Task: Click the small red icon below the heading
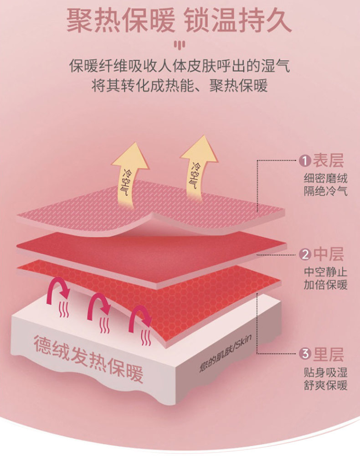tap(180, 45)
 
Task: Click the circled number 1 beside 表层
tap(304, 160)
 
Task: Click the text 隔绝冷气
tap(325, 191)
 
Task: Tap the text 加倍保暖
tap(325, 285)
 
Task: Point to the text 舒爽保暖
tap(325, 385)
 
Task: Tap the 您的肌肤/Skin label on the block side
tap(226, 353)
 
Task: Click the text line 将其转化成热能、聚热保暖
tap(180, 85)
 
